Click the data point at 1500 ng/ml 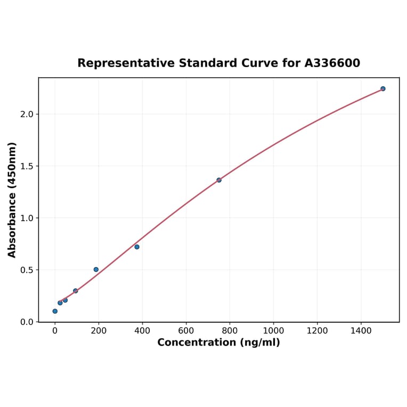point(382,88)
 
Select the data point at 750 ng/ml point(219,180)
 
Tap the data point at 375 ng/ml point(137,247)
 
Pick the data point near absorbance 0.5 point(96,270)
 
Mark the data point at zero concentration point(55,311)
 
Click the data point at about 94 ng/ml point(76,291)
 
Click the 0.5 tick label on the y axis point(27,270)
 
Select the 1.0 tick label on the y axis point(27,218)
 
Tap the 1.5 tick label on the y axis point(27,166)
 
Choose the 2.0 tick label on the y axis point(27,114)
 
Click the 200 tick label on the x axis point(99,331)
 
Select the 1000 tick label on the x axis point(273,331)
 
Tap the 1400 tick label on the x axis point(361,331)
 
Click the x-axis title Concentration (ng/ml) point(218,343)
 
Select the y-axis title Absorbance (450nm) point(12,200)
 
